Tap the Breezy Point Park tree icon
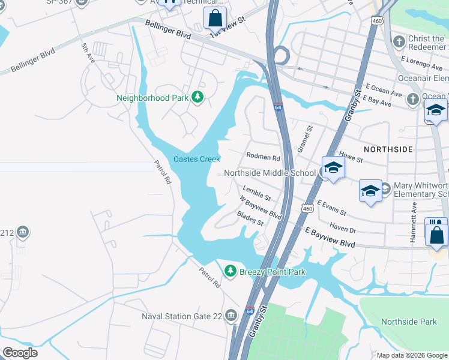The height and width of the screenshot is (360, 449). tap(230, 272)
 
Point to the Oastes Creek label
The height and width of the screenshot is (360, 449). tap(197, 159)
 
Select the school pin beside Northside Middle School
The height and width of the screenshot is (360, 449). tap(333, 169)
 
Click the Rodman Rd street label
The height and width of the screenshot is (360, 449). tap(264, 158)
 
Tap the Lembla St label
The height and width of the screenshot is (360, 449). tap(257, 193)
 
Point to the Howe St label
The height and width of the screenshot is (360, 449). tap(351, 157)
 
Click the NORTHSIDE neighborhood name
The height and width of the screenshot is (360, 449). tap(388, 148)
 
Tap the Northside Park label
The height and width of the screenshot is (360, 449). tap(409, 322)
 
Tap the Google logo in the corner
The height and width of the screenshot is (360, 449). tap(20, 353)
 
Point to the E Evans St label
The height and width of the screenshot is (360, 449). tap(331, 208)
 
